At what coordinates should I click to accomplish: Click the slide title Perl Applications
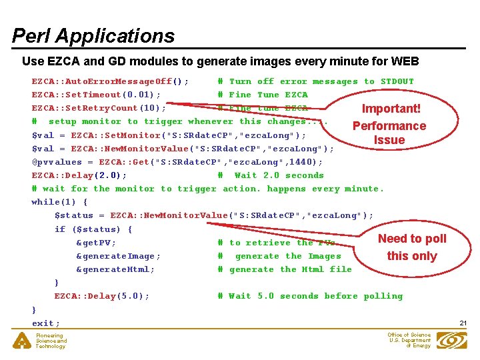tap(93, 35)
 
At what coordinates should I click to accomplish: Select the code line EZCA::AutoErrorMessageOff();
tap(110, 81)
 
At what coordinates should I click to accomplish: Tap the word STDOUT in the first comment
tap(397, 81)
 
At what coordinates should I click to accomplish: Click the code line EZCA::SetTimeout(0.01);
tap(96, 95)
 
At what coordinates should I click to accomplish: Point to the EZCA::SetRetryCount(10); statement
tap(99, 108)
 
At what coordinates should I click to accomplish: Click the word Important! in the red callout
tap(391, 109)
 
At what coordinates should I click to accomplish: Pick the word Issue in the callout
tap(389, 140)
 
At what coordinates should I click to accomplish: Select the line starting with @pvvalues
tap(177, 162)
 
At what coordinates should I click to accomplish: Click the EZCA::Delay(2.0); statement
tap(79, 175)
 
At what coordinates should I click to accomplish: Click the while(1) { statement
tap(60, 202)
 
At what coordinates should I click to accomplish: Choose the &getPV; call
tap(96, 243)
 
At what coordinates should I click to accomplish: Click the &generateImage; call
tap(118, 256)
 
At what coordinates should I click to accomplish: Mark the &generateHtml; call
tap(115, 269)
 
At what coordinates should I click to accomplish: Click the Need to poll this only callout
tap(412, 247)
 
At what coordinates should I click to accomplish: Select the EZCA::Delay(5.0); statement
tap(102, 296)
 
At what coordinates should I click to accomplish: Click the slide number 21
tap(463, 323)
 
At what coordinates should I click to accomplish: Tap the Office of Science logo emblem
tap(451, 340)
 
